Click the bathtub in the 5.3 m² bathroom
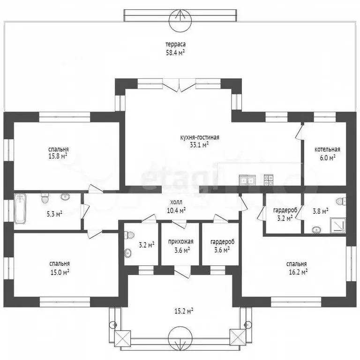(20, 209)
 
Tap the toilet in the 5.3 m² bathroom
(45, 198)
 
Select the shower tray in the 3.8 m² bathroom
(337, 225)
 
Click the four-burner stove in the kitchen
(269, 180)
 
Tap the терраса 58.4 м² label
(176, 48)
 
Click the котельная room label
(327, 150)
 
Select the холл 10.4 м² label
(176, 206)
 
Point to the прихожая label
(181, 241)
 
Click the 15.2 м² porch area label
(183, 311)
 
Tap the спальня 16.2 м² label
(297, 268)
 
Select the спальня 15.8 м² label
(58, 153)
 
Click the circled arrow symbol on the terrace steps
(180, 21)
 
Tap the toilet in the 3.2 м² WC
(130, 235)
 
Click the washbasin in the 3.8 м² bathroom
(316, 230)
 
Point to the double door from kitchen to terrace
(180, 85)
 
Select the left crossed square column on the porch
(123, 338)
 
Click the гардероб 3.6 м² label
(222, 246)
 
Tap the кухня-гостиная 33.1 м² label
(200, 141)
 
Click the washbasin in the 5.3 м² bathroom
(66, 197)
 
